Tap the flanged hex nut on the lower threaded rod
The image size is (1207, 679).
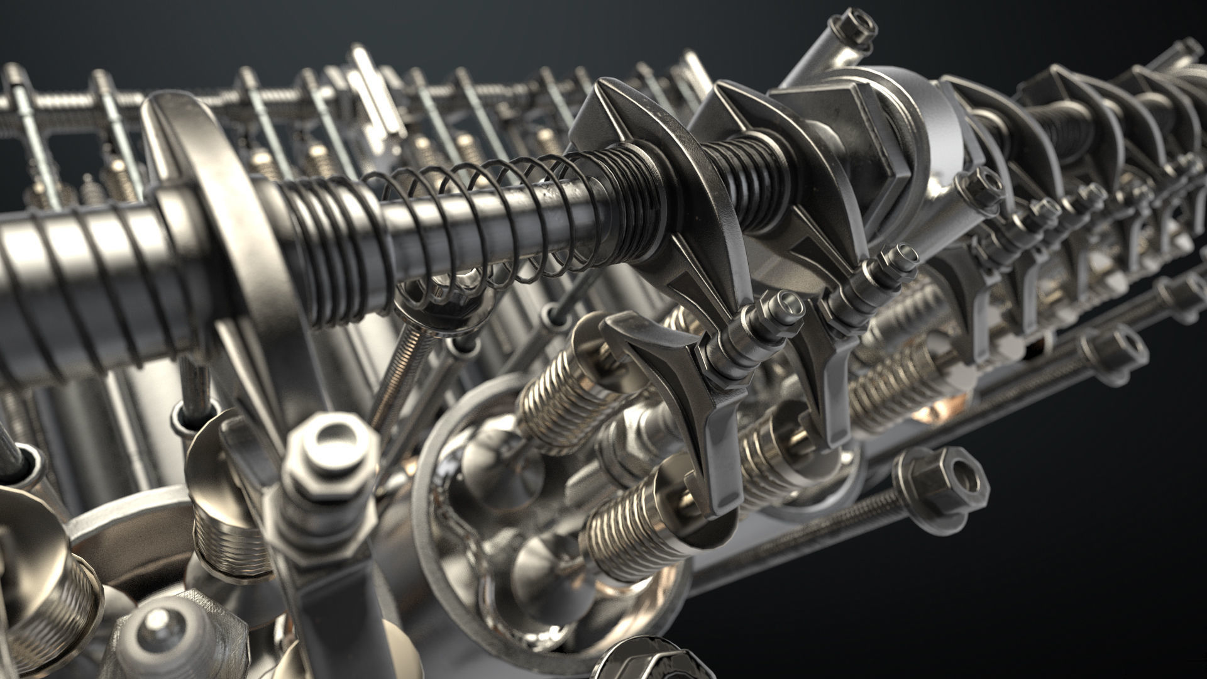[940, 480]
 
